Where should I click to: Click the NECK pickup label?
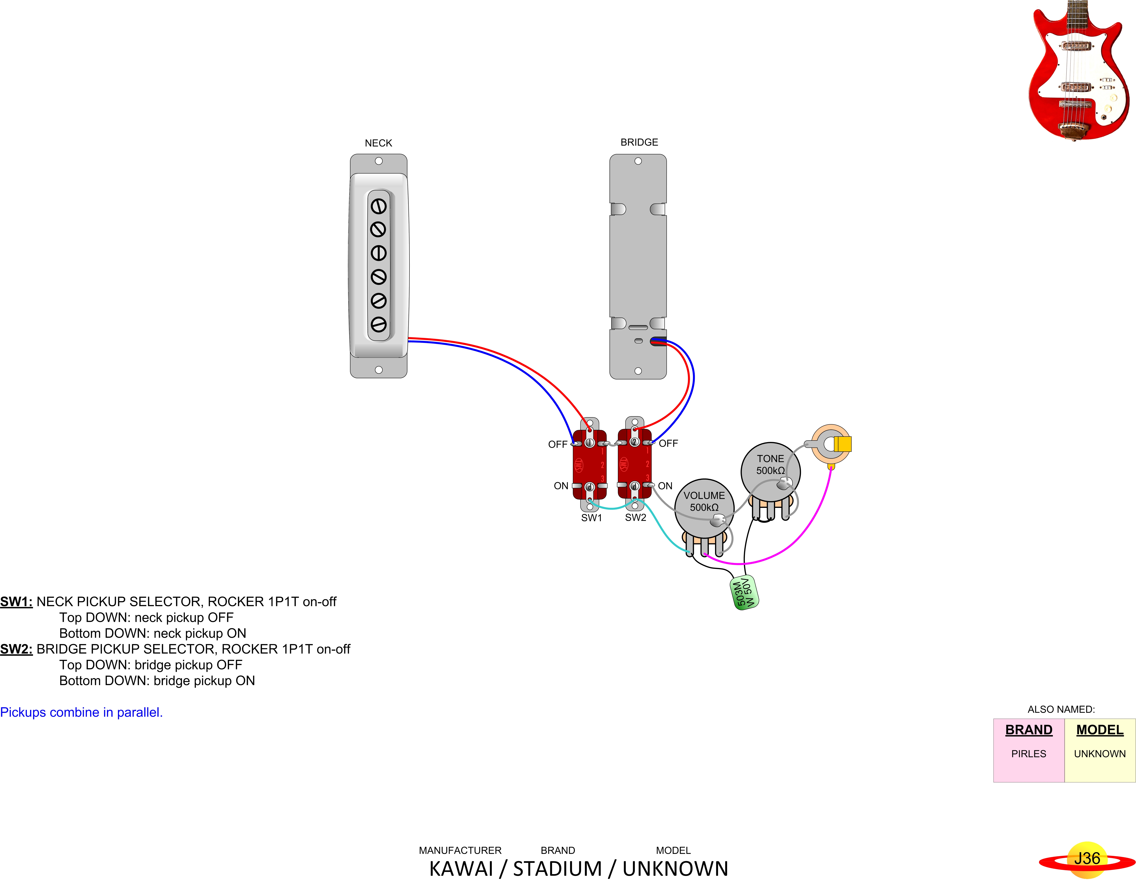point(378,143)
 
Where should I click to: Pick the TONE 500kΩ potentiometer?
point(770,471)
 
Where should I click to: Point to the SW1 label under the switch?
point(591,518)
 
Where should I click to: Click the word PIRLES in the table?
point(1028,754)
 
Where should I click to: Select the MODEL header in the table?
point(1100,730)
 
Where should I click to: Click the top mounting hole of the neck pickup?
point(379,161)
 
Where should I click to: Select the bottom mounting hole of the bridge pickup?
point(638,371)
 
